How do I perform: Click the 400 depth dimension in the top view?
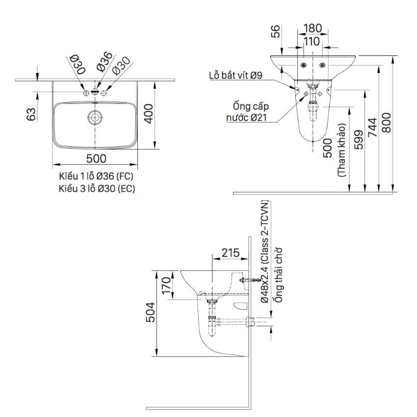(150, 114)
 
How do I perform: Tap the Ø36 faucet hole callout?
(104, 62)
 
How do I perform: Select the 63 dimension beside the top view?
(31, 114)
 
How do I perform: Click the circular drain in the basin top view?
(95, 117)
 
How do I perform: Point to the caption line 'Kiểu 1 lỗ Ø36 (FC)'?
(96, 176)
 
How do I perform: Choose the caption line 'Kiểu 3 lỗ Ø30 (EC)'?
(97, 188)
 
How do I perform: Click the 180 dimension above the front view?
(313, 28)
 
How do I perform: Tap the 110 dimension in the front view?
(312, 42)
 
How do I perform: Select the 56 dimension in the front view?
(276, 31)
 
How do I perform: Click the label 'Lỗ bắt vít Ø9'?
(235, 76)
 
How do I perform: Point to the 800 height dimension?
(387, 123)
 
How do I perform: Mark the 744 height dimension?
(372, 128)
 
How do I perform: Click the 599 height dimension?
(359, 140)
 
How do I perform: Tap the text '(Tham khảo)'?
(341, 150)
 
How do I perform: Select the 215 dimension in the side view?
(231, 253)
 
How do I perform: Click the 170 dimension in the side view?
(166, 286)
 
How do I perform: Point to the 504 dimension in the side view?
(151, 312)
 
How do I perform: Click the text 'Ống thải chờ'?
(279, 275)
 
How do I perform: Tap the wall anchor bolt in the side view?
(250, 280)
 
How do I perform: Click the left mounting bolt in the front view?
(303, 65)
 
